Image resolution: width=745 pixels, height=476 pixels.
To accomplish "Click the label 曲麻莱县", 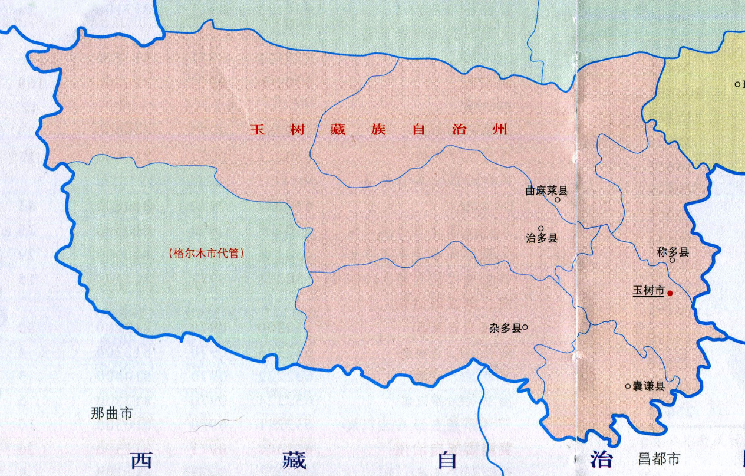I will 546,191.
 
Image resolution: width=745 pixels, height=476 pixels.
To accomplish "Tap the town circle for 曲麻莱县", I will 558,199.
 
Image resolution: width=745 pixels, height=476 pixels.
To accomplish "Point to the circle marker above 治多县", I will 541,228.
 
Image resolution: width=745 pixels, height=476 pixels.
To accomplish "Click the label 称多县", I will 673,252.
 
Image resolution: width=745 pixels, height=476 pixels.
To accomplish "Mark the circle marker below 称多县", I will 672,260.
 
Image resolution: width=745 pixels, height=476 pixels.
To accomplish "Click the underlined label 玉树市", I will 648,291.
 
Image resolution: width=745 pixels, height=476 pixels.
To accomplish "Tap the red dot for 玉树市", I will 670,292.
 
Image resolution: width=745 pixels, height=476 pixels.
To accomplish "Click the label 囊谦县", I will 649,387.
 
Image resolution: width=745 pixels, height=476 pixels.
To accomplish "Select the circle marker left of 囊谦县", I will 628,386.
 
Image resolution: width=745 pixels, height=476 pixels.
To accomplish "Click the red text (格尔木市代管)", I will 206,253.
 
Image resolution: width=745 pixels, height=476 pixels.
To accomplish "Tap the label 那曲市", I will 112,413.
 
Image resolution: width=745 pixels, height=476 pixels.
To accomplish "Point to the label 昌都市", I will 659,458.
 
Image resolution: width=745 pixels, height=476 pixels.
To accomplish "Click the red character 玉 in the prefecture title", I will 256,130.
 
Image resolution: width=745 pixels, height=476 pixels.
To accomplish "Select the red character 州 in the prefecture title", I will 500,130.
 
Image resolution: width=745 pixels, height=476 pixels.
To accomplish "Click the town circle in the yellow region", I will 737,84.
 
